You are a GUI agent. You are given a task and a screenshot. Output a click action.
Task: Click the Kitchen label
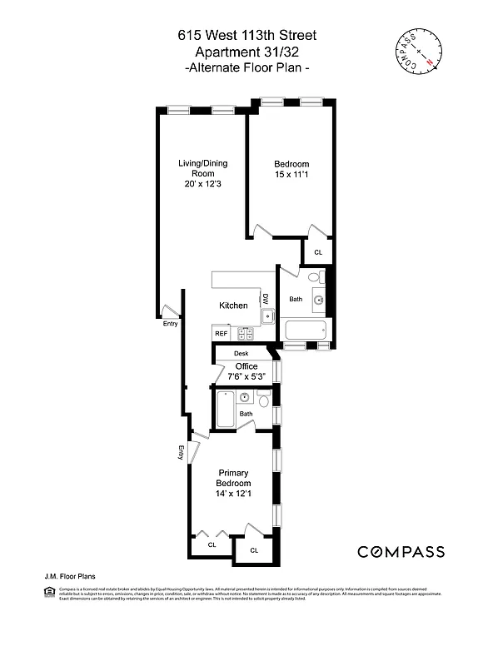click(233, 306)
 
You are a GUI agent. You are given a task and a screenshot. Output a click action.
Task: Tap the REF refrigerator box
click(222, 333)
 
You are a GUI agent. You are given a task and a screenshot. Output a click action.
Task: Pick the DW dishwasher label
click(266, 298)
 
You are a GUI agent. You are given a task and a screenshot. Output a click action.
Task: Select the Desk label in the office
click(241, 354)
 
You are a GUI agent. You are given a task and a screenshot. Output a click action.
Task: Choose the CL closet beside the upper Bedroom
click(317, 251)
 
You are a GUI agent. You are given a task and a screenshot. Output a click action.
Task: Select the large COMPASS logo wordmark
click(401, 552)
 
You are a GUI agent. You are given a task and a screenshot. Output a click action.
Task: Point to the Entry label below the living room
click(170, 324)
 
